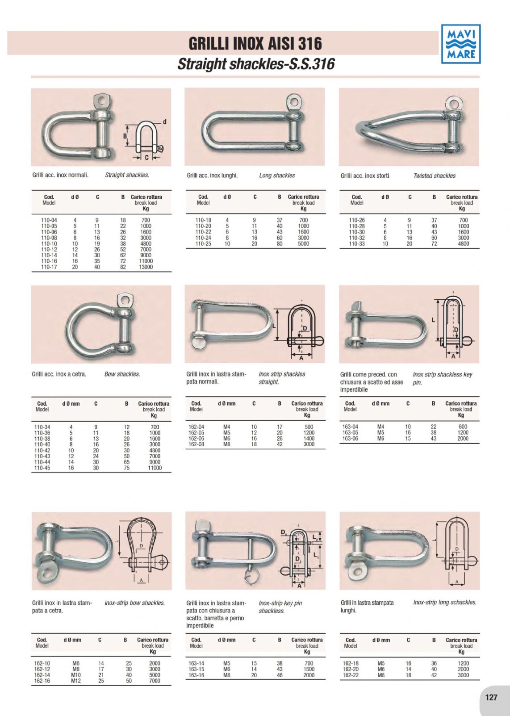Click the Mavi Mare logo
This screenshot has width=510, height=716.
(x=461, y=44)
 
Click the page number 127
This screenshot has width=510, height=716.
(x=491, y=697)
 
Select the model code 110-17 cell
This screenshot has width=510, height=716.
(x=49, y=267)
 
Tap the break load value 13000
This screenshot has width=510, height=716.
(x=146, y=267)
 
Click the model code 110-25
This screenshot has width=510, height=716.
(x=203, y=243)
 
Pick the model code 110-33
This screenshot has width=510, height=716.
(x=357, y=243)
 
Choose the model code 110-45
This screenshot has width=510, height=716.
(x=42, y=468)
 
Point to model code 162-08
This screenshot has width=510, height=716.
(x=196, y=444)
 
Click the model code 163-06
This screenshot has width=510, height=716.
(x=350, y=439)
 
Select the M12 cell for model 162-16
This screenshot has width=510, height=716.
(x=76, y=681)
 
